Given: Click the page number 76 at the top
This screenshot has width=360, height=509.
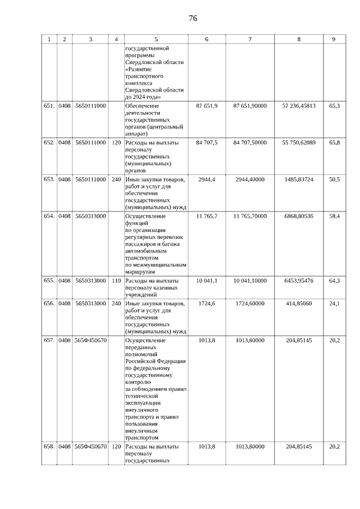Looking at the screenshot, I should [193, 19].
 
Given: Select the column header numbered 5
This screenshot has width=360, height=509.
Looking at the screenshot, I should [156, 39].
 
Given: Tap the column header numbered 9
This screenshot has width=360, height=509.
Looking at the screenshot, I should [334, 39].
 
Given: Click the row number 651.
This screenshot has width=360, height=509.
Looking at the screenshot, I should [49, 106].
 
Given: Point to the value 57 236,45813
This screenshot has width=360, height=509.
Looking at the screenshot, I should [299, 106].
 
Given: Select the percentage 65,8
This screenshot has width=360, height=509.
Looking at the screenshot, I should [334, 142].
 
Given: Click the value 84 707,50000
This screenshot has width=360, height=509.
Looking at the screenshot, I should [250, 142].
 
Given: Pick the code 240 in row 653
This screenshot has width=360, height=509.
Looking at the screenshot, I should [116, 179].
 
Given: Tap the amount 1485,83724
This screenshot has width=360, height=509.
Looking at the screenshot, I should [299, 179].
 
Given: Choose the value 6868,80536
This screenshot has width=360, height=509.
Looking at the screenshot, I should [299, 216].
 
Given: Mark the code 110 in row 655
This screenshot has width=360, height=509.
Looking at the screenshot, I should [116, 280].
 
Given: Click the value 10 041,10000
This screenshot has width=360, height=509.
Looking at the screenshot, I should [250, 280].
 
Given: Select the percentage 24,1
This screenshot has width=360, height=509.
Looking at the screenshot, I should [334, 304].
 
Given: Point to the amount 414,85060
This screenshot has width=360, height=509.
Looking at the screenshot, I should [299, 304].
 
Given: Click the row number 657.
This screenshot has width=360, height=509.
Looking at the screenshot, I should [49, 340].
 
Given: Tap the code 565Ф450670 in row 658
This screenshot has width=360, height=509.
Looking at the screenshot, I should [91, 447].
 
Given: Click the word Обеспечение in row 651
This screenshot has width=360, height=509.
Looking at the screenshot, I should [142, 106].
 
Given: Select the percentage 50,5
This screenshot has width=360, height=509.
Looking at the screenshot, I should [334, 179].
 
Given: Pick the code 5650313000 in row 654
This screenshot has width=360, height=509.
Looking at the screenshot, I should [91, 216].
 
